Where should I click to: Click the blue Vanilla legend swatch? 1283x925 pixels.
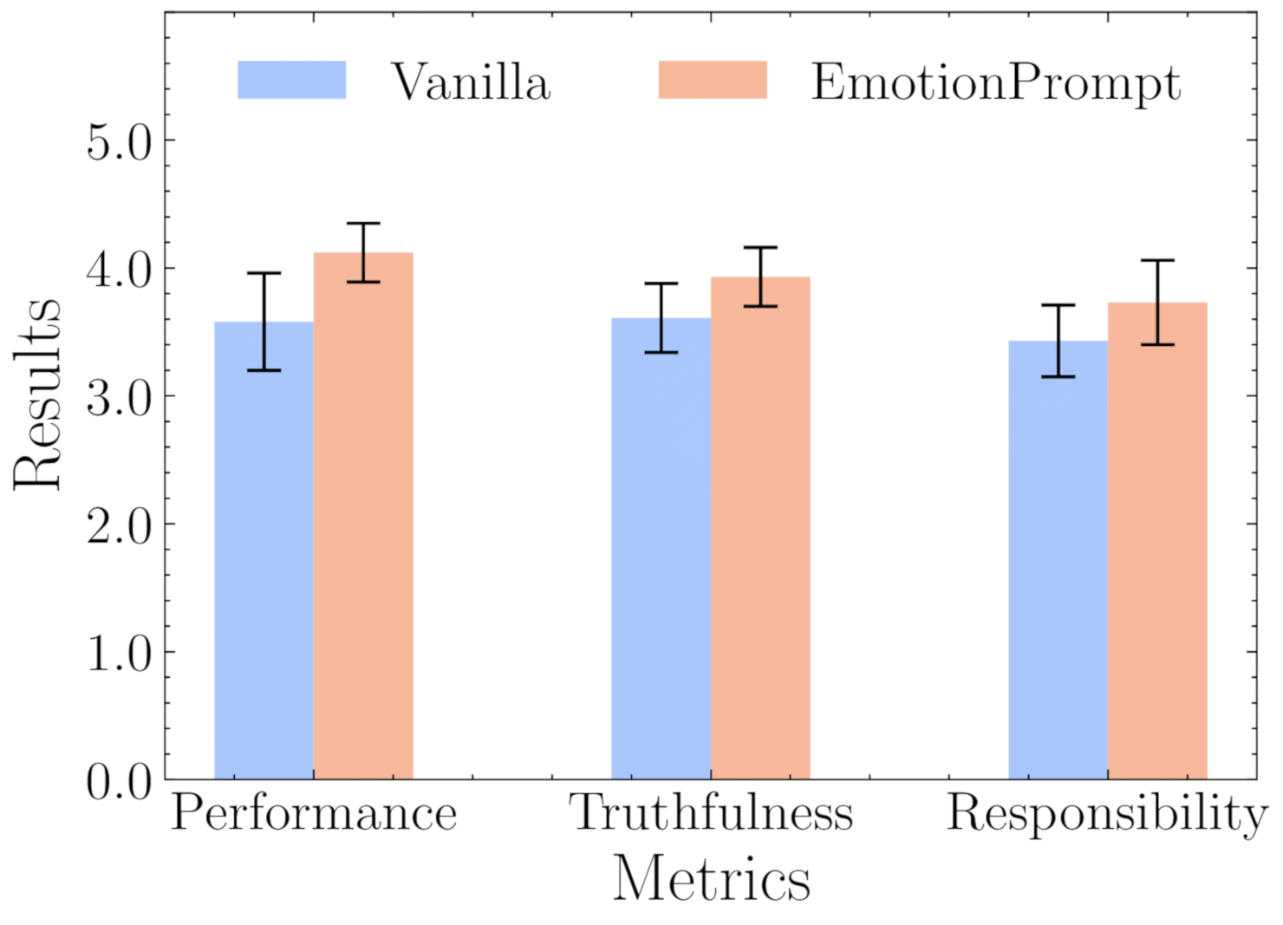(292, 81)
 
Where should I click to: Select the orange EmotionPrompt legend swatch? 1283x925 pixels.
(713, 81)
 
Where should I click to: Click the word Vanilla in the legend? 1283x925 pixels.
(471, 83)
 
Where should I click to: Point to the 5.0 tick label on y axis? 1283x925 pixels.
(119, 140)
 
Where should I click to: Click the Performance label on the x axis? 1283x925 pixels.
(314, 814)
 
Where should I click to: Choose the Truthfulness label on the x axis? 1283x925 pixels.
(711, 813)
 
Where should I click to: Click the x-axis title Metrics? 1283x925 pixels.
(711, 878)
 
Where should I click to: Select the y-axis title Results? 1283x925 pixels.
(38, 394)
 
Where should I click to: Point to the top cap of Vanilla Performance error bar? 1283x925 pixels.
(264, 273)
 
